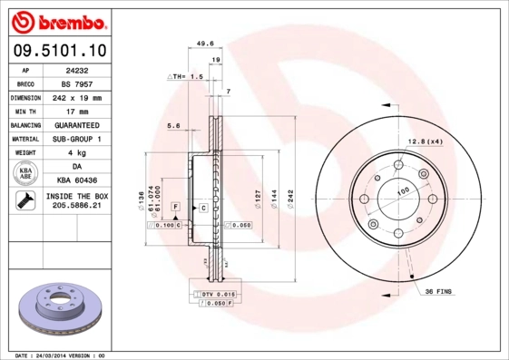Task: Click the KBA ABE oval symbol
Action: point(25,173)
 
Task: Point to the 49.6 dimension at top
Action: point(204,43)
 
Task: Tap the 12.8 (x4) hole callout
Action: point(425,141)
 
